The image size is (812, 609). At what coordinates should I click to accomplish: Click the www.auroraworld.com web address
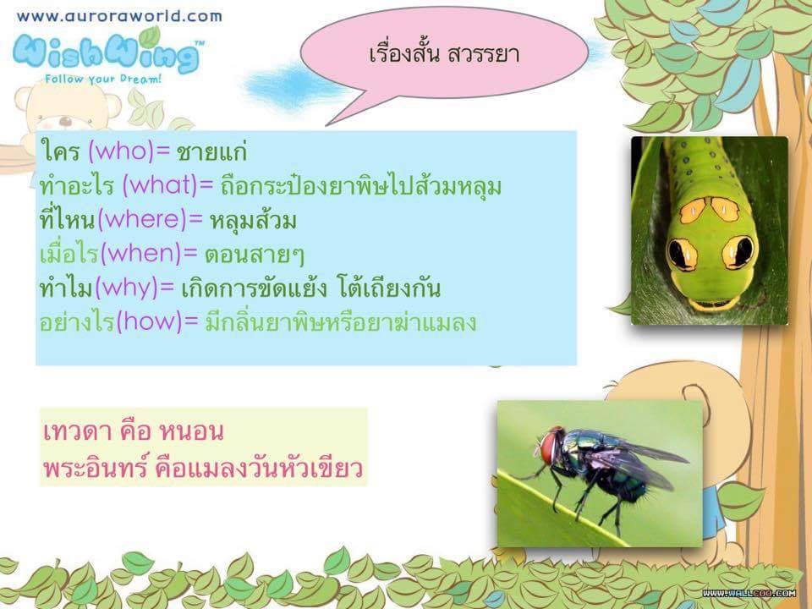tap(119, 16)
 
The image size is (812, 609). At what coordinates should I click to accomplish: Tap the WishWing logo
tap(107, 52)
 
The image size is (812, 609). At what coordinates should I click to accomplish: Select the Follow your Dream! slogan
tap(103, 80)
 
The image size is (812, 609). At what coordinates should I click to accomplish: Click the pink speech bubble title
tap(444, 54)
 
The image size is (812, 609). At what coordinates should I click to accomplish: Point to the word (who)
tap(122, 151)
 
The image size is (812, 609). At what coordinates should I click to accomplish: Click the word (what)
tap(160, 185)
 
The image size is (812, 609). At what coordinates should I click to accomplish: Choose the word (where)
tap(142, 220)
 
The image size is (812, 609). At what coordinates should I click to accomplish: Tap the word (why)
tap(127, 288)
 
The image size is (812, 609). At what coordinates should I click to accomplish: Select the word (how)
tap(150, 321)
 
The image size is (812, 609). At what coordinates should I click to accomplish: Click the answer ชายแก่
tap(211, 151)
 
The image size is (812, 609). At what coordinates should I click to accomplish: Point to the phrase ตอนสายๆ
tap(255, 255)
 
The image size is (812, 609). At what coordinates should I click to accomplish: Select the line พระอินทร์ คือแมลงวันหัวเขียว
tap(202, 468)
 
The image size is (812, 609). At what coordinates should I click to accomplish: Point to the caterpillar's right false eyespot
tap(738, 253)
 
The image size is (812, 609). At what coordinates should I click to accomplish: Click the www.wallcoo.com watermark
tap(749, 593)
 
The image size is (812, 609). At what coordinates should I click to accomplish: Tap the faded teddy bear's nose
tap(65, 121)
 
